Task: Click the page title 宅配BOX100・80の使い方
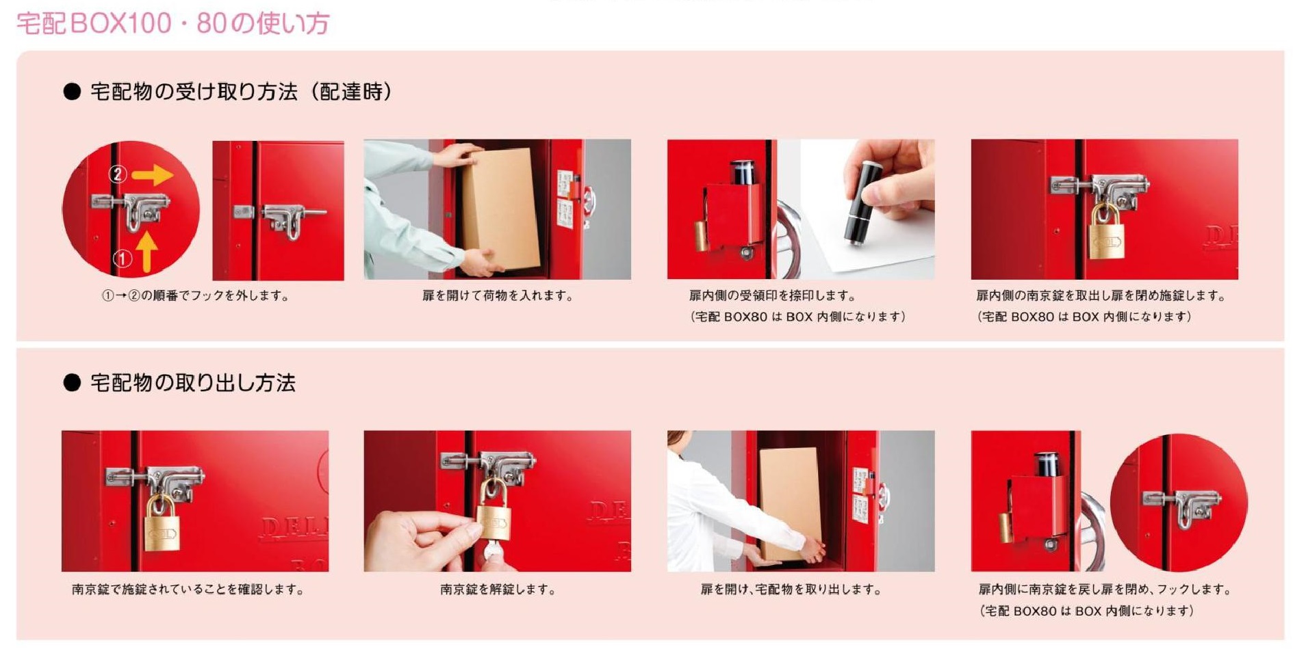click(172, 23)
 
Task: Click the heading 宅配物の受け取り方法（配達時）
click(242, 92)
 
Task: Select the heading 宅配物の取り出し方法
click(193, 382)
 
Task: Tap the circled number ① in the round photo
click(122, 259)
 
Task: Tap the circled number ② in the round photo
click(118, 174)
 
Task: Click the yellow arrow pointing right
click(152, 175)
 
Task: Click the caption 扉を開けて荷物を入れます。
click(498, 295)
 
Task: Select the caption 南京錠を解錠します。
click(498, 590)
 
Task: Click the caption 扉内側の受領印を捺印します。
click(772, 295)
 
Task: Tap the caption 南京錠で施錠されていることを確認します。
click(188, 590)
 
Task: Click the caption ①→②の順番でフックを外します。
click(196, 295)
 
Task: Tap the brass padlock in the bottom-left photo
click(162, 524)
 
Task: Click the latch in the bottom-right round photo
click(1182, 505)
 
